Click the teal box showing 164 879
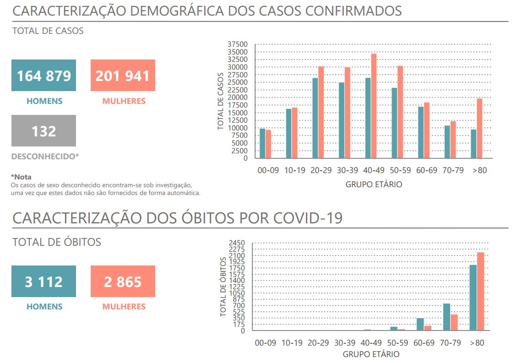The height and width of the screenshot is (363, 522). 44,76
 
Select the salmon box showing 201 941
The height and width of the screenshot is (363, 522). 123,76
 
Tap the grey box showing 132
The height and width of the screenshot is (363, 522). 44,131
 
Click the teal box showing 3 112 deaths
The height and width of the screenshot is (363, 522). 44,282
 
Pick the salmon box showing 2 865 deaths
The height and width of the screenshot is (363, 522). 123,282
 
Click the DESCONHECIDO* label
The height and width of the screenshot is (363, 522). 45,157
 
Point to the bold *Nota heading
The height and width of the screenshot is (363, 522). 21,177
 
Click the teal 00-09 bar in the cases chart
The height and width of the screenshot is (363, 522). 262,143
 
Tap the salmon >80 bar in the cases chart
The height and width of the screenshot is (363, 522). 479,129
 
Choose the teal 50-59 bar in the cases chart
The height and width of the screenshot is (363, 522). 394,123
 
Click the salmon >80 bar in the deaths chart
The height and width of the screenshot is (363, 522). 480,291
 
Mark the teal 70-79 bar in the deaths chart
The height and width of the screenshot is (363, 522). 446,317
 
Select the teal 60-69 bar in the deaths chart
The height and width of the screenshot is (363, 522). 420,324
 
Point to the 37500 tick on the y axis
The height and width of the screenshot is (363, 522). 237,44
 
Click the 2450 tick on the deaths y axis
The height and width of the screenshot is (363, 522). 238,243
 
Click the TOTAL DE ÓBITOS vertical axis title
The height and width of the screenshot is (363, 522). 223,287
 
